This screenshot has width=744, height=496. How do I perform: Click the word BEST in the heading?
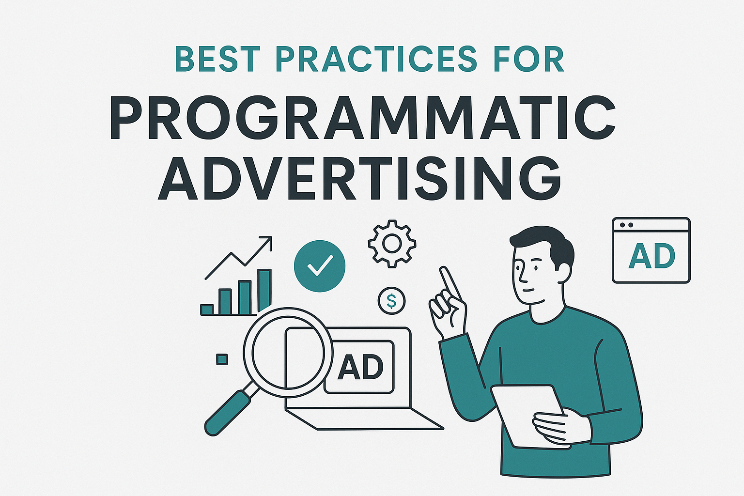point(217,60)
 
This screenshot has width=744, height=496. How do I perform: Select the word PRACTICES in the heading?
point(376,60)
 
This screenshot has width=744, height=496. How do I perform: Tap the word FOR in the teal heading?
point(528,60)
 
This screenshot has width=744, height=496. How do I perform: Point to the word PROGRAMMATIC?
point(363,118)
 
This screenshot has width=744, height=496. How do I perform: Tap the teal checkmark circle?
point(320,266)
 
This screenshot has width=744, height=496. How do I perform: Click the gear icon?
point(392,244)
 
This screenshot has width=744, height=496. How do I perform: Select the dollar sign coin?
point(391,301)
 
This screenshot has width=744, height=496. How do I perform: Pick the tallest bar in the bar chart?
point(265,290)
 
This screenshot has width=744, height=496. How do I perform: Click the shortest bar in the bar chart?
point(207,310)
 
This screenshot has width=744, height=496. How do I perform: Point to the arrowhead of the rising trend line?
point(267,241)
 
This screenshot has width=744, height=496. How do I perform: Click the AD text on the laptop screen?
point(360,367)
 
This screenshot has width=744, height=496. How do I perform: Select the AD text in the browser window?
point(651,256)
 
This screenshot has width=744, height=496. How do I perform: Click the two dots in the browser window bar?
point(626,225)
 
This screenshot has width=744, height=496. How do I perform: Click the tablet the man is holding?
point(528,417)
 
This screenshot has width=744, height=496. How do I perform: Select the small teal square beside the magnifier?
point(222,359)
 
